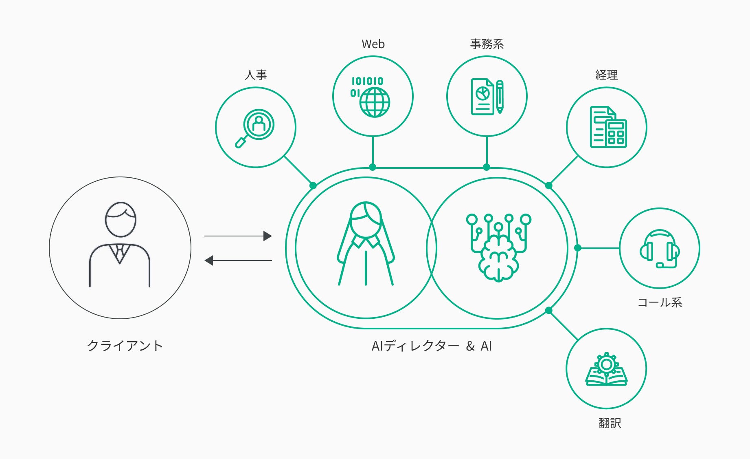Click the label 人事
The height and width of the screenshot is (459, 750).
[256, 75]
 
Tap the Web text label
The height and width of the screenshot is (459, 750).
[373, 44]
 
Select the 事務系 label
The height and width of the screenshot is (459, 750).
[487, 44]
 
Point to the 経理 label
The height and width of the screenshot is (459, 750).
[607, 75]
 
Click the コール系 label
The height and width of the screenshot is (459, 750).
[660, 302]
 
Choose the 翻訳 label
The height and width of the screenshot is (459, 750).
[610, 423]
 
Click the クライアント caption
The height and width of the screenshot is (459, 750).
[125, 346]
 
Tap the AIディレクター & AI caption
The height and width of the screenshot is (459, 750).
[432, 346]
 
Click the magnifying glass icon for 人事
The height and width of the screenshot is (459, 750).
[255, 128]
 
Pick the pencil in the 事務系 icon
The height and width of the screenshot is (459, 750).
[500, 97]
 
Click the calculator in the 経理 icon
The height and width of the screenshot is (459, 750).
[616, 133]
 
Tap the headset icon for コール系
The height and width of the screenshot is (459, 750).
[660, 249]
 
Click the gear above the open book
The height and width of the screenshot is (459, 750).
[606, 364]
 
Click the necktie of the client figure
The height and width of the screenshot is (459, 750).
[120, 254]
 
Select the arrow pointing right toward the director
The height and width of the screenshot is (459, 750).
[238, 236]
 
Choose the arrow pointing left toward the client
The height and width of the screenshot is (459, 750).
[238, 260]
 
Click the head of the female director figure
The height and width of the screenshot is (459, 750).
[366, 219]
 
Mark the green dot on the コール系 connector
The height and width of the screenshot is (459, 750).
[577, 248]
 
